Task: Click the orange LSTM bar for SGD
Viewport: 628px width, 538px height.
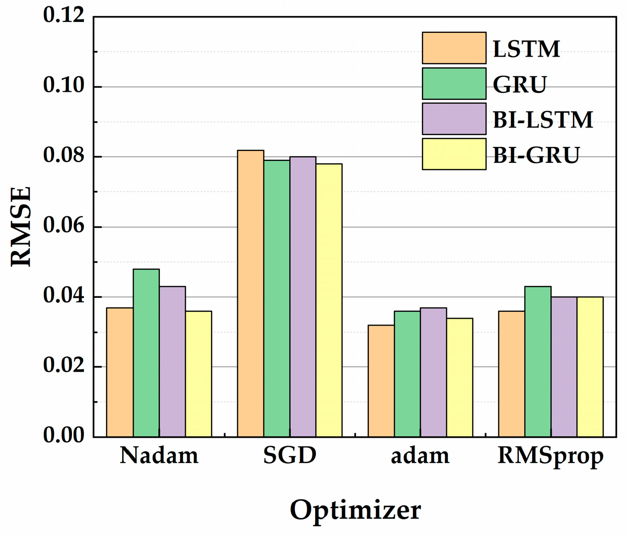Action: pyautogui.click(x=250, y=293)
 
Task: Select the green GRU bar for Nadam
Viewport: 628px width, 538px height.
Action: pyautogui.click(x=146, y=353)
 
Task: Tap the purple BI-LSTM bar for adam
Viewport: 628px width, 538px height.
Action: pyautogui.click(x=433, y=372)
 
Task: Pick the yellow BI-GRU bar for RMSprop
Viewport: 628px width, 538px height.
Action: pyautogui.click(x=590, y=367)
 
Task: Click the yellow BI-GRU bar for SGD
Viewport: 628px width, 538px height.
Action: pyautogui.click(x=329, y=300)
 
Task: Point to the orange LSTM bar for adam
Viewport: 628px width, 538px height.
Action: pyautogui.click(x=381, y=381)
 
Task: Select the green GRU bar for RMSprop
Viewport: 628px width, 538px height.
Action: pyautogui.click(x=538, y=361)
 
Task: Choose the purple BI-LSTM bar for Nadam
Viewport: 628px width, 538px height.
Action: pyautogui.click(x=172, y=361)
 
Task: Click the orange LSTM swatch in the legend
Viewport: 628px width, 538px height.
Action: pyautogui.click(x=454, y=48)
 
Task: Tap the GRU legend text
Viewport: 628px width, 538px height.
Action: pyautogui.click(x=519, y=84)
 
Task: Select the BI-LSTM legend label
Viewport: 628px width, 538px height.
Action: pyautogui.click(x=543, y=120)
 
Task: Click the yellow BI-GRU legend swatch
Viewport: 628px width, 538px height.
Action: pyautogui.click(x=454, y=154)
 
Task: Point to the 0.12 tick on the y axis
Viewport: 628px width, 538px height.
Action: pyautogui.click(x=64, y=15)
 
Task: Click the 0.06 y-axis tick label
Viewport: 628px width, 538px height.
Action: pyautogui.click(x=64, y=226)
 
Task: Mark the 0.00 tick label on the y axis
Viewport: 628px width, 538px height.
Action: pyautogui.click(x=64, y=435)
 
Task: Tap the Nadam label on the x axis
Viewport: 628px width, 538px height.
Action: pyautogui.click(x=159, y=455)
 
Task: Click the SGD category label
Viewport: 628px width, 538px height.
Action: pyautogui.click(x=289, y=455)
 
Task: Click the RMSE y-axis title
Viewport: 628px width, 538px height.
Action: pyautogui.click(x=21, y=226)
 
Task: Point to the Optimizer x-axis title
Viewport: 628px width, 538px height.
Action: pyautogui.click(x=355, y=510)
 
